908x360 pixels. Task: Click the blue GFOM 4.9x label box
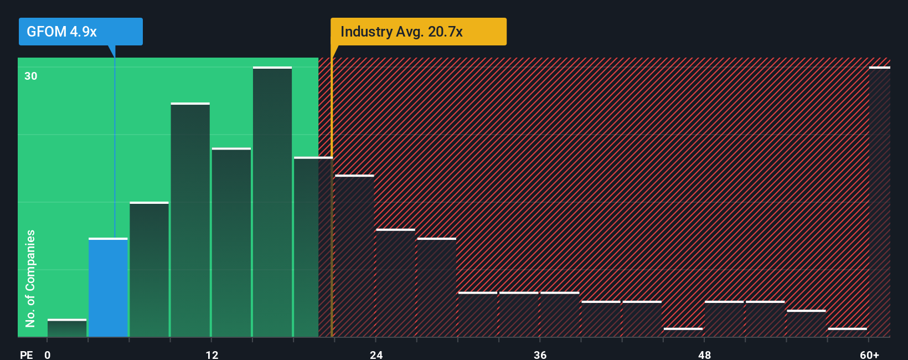click(80, 32)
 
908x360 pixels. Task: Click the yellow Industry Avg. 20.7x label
click(418, 32)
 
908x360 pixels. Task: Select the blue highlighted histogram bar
click(108, 287)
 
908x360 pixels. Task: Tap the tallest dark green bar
click(272, 202)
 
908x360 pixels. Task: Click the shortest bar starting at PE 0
click(67, 328)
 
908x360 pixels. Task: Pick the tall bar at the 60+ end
click(879, 202)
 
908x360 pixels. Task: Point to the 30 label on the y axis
click(31, 76)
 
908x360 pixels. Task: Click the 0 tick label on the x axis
click(48, 354)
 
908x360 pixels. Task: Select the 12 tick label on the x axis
click(212, 354)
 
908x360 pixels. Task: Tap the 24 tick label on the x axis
click(376, 354)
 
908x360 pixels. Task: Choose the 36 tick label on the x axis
click(540, 354)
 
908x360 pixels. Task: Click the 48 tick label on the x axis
click(705, 354)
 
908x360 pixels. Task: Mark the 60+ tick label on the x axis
click(869, 354)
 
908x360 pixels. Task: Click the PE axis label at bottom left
click(26, 354)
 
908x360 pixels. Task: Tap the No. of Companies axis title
click(30, 278)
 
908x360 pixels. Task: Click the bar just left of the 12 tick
click(190, 220)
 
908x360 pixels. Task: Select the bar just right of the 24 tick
click(395, 283)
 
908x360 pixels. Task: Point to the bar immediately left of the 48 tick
click(683, 332)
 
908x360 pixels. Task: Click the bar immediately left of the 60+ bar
click(847, 332)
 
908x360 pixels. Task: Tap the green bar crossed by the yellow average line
click(313, 247)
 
